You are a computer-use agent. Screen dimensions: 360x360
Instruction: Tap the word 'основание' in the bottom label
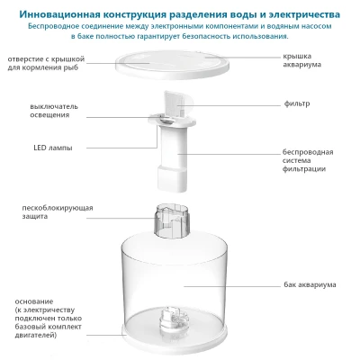point(33,301)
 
